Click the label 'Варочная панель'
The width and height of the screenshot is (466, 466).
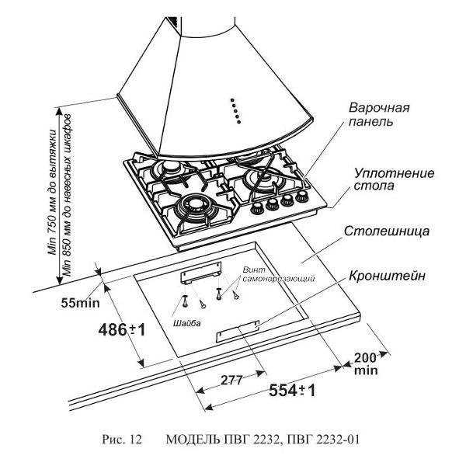379,115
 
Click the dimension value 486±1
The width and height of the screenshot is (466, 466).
122,329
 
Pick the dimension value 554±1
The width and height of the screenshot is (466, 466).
292,391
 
